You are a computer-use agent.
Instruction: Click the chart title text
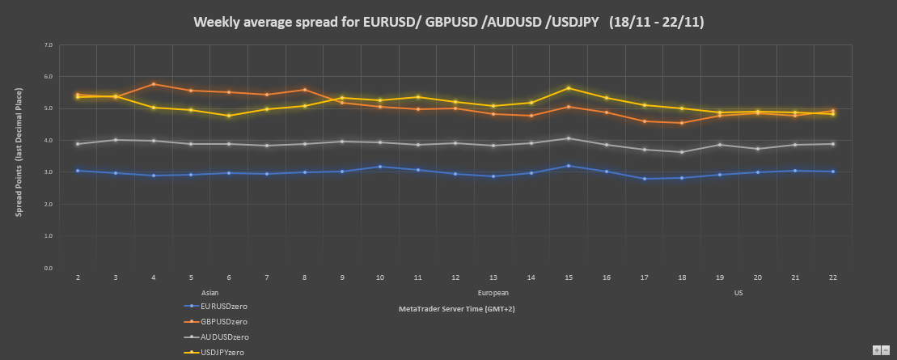448,22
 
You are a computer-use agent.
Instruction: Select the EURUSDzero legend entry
223,307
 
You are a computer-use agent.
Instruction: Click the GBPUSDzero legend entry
223,322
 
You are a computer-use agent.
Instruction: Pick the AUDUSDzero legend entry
224,337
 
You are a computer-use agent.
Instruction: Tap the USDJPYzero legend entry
222,353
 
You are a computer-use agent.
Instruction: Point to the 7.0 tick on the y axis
49,45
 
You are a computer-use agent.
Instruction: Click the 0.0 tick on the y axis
49,269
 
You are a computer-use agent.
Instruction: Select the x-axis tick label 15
569,277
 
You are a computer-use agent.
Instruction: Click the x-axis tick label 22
832,277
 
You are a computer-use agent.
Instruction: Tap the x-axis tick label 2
78,277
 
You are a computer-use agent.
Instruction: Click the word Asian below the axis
209,292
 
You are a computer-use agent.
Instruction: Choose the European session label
493,292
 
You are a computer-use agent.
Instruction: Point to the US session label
738,292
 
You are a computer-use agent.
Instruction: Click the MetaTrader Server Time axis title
457,309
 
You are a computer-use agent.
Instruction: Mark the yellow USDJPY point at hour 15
569,88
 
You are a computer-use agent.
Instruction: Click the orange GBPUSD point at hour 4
154,84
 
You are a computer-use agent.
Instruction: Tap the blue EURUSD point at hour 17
644,179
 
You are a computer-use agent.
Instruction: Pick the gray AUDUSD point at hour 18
682,152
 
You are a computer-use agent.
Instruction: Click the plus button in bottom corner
876,349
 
